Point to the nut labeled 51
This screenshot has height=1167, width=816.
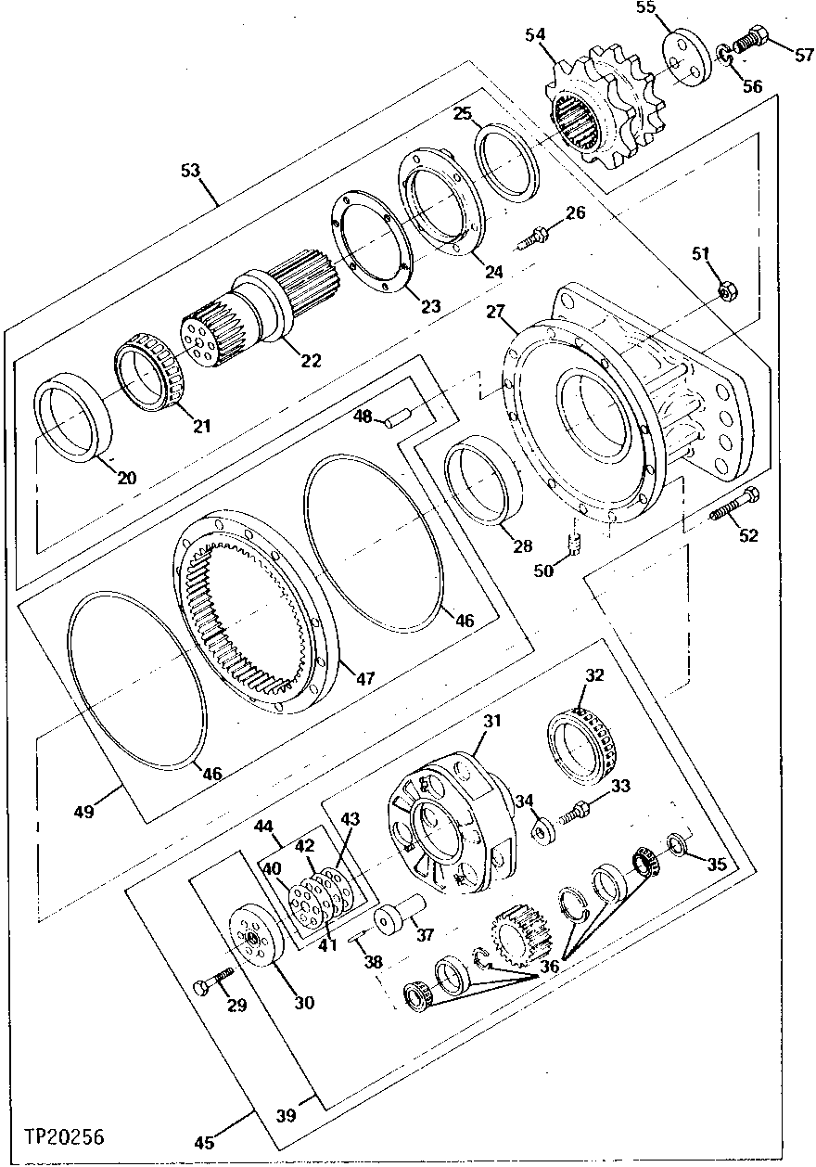[729, 291]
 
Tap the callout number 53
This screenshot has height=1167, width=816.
[191, 170]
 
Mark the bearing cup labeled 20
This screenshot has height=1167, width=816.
[73, 416]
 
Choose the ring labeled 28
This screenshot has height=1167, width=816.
[481, 482]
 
